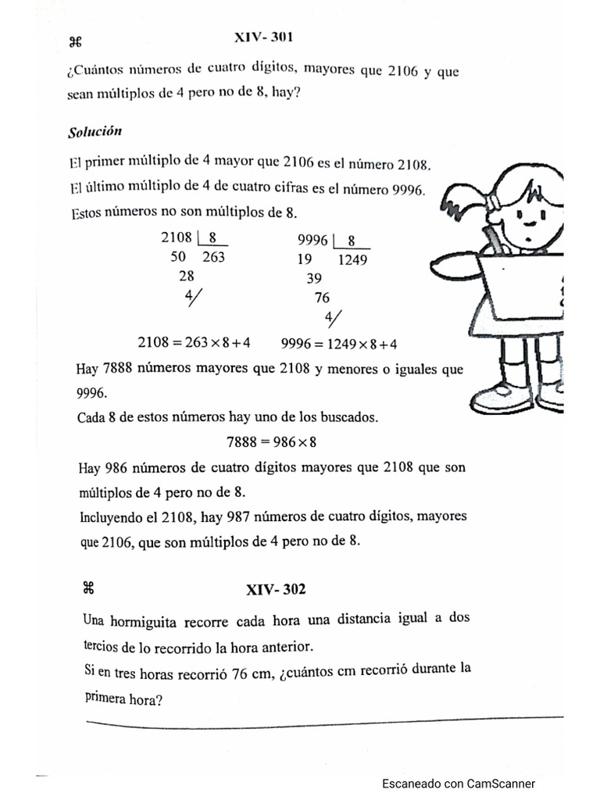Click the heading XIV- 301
(263, 37)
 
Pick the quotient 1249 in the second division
(352, 261)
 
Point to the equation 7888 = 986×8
(271, 441)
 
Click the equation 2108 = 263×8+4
(194, 342)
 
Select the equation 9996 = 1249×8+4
(339, 344)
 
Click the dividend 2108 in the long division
(176, 238)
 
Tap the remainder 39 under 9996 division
(314, 279)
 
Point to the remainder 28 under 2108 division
(187, 276)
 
